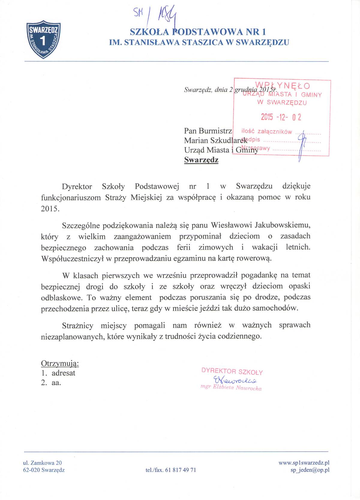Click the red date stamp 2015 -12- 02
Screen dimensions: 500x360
(x=281, y=117)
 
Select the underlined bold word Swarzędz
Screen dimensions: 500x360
(x=201, y=160)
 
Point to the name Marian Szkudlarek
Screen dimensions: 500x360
(x=215, y=141)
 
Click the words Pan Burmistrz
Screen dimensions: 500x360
(x=208, y=131)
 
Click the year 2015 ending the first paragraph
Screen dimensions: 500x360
(x=50, y=209)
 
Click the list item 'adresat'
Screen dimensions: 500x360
(x=63, y=373)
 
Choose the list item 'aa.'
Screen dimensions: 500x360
(x=56, y=383)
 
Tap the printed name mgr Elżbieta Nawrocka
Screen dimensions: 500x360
(x=231, y=388)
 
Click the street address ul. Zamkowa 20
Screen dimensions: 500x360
(x=42, y=463)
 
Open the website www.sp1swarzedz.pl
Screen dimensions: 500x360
(x=304, y=463)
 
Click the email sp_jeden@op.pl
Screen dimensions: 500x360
(x=310, y=470)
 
